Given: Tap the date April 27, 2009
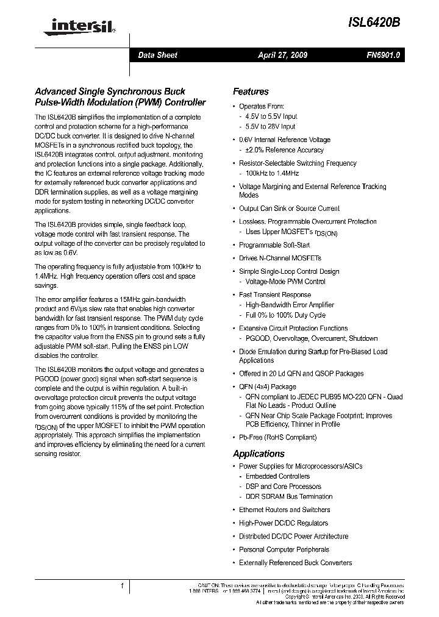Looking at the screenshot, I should [282, 55].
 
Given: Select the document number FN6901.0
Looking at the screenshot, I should [383, 55].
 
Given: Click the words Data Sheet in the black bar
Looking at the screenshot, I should [157, 55].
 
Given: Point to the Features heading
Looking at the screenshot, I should [251, 91].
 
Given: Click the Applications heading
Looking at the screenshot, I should [259, 454].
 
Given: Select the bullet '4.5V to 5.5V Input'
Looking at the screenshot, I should [271, 116].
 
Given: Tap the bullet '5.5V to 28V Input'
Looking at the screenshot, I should [270, 127].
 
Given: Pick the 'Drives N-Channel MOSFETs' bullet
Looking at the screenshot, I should [280, 258].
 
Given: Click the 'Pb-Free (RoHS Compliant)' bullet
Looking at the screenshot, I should [277, 437].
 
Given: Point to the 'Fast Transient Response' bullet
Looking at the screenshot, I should [274, 294].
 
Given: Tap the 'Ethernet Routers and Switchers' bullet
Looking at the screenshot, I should [284, 510].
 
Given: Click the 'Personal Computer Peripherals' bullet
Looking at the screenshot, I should [284, 549].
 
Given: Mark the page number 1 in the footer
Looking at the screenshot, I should [123, 586].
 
